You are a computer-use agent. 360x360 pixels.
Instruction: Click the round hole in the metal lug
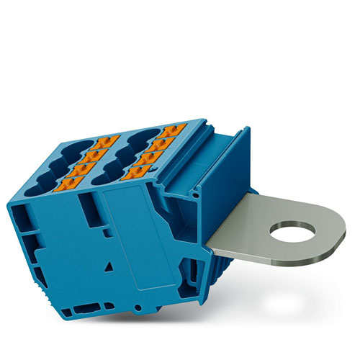pyautogui.click(x=291, y=234)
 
